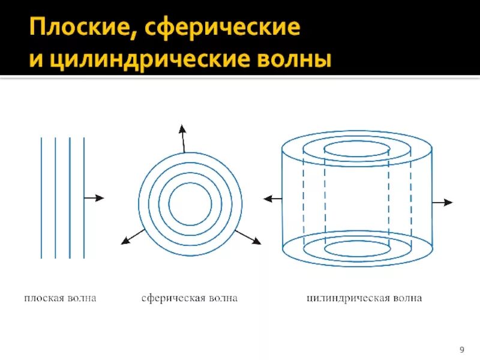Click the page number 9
point(462,349)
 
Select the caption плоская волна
point(60,298)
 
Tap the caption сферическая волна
point(190,298)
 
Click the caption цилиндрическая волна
point(364,298)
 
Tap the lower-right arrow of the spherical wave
point(247,237)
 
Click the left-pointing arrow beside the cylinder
point(272,199)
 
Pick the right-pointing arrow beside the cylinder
point(442,203)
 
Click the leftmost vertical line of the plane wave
point(41,198)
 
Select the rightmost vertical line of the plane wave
point(84,198)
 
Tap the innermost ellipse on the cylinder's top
point(358,148)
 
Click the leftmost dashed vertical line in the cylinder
point(304,198)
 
